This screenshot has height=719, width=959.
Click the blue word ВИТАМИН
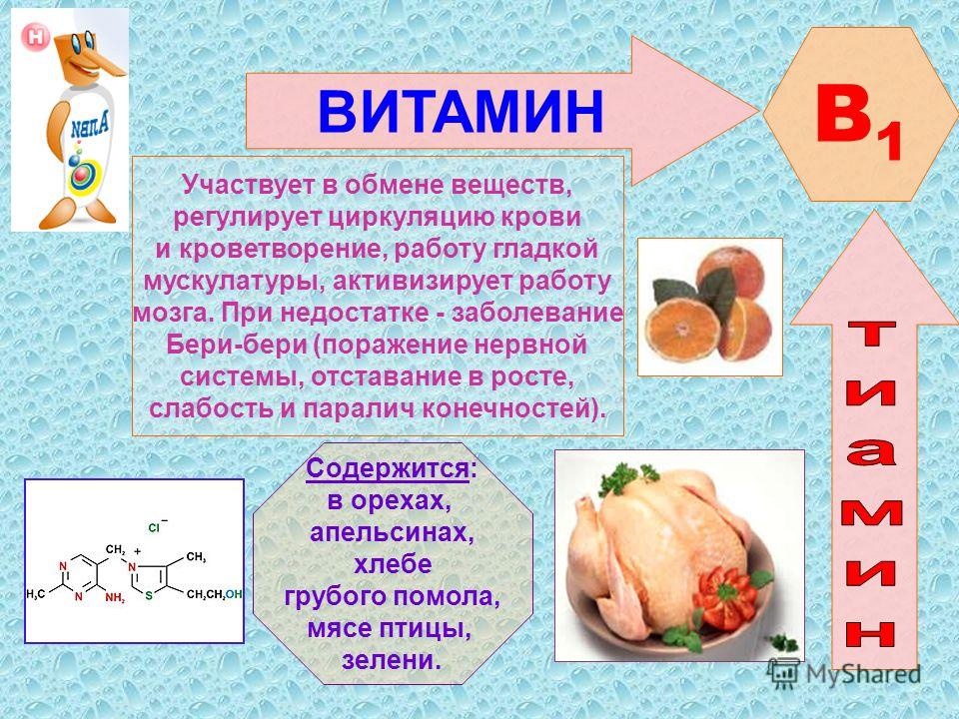(x=461, y=111)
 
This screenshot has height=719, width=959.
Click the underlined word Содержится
(x=388, y=469)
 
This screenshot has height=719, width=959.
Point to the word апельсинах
(x=392, y=532)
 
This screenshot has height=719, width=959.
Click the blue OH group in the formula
(x=234, y=594)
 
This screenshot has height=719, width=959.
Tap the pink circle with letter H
(x=36, y=37)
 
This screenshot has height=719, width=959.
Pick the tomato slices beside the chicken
(x=725, y=597)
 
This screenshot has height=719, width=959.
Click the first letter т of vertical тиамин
(x=872, y=334)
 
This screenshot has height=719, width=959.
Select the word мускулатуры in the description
(x=230, y=282)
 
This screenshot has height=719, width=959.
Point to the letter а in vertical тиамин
(x=872, y=452)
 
